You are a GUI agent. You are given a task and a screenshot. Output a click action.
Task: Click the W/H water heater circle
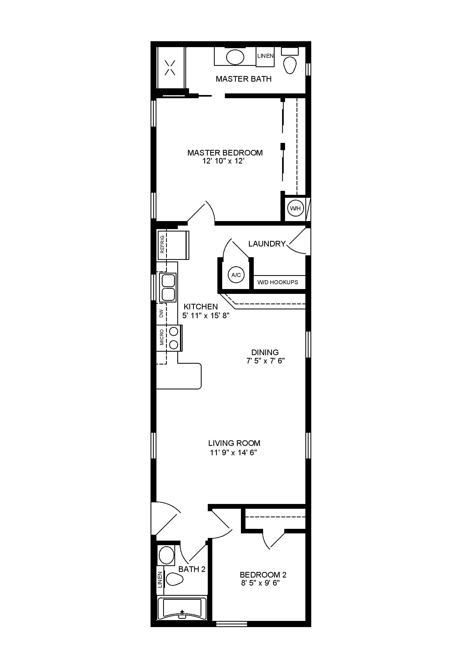click(x=295, y=208)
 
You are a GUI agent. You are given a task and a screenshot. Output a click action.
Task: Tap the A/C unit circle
click(x=236, y=275)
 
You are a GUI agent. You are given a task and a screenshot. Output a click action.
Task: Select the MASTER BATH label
click(x=244, y=79)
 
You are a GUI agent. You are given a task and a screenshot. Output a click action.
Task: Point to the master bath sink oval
click(x=235, y=57)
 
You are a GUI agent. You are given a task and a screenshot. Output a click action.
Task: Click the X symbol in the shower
click(x=170, y=68)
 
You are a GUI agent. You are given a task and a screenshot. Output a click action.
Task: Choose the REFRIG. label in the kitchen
click(x=162, y=244)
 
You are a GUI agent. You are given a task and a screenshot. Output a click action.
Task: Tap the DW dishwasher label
click(x=161, y=313)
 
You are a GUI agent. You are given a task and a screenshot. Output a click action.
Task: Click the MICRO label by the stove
click(x=162, y=337)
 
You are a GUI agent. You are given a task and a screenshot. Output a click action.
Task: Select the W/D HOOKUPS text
click(x=278, y=282)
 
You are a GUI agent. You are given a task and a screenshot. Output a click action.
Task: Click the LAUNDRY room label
click(x=267, y=244)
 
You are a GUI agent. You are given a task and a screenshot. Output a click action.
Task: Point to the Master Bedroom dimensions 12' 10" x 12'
click(x=224, y=161)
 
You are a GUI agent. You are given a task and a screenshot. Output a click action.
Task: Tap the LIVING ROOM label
click(x=234, y=443)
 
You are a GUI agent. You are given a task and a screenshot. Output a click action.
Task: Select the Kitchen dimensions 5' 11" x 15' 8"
click(x=206, y=316)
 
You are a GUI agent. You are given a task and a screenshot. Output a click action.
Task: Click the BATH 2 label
click(x=192, y=569)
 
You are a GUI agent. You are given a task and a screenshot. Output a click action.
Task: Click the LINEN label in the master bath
click(x=266, y=56)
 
